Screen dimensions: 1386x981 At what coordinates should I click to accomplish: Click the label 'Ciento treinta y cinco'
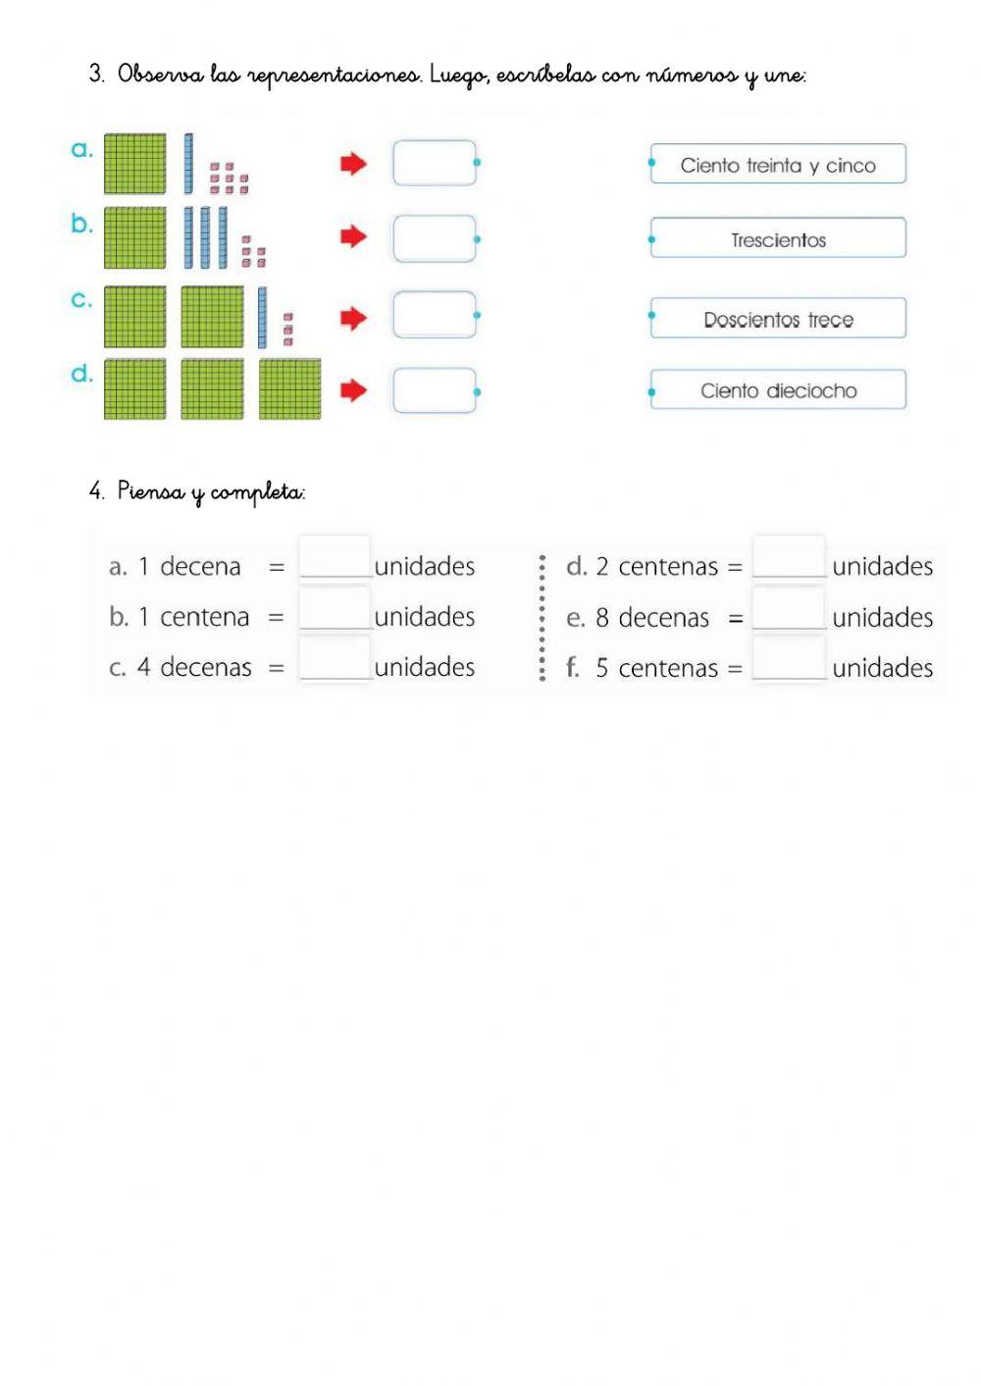(778, 165)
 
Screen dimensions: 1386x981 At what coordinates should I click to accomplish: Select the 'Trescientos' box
(778, 239)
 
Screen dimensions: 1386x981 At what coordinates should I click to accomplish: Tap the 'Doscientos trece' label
(778, 319)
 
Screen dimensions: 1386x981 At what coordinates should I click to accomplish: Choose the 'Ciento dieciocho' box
(778, 390)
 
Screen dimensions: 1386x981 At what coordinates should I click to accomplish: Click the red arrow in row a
(353, 164)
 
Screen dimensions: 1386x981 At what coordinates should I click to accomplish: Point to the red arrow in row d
(353, 390)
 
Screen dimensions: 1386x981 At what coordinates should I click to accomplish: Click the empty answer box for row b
(435, 238)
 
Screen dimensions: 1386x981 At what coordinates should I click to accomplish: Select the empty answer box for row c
(435, 315)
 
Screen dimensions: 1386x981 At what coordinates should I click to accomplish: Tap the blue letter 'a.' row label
(82, 150)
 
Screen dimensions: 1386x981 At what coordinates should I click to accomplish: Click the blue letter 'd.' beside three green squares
(82, 374)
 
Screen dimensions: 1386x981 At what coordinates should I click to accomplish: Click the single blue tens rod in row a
(188, 164)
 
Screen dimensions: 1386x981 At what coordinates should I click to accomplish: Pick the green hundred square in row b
(135, 237)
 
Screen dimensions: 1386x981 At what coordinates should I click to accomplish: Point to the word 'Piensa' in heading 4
(150, 490)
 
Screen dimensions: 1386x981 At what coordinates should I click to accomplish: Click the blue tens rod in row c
(262, 317)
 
